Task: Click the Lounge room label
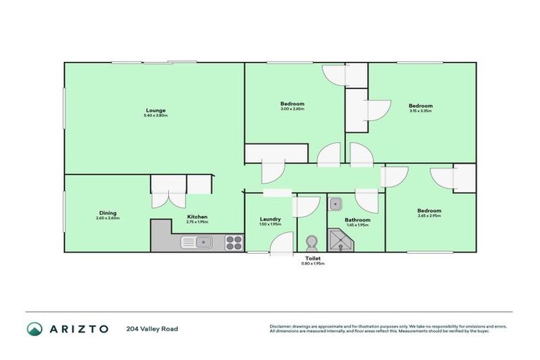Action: [155, 110]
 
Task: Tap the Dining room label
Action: [108, 213]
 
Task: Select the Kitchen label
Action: [197, 217]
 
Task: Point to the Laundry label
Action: [271, 219]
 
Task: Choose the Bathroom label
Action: [356, 219]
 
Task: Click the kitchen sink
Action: [198, 243]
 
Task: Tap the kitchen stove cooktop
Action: [233, 243]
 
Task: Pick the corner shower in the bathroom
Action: [341, 241]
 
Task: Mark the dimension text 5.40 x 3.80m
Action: [155, 115]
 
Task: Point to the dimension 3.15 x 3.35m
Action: [420, 111]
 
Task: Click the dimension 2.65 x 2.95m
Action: [429, 217]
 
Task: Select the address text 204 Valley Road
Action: [152, 328]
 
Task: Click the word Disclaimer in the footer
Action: [281, 326]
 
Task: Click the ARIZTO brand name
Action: [78, 328]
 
